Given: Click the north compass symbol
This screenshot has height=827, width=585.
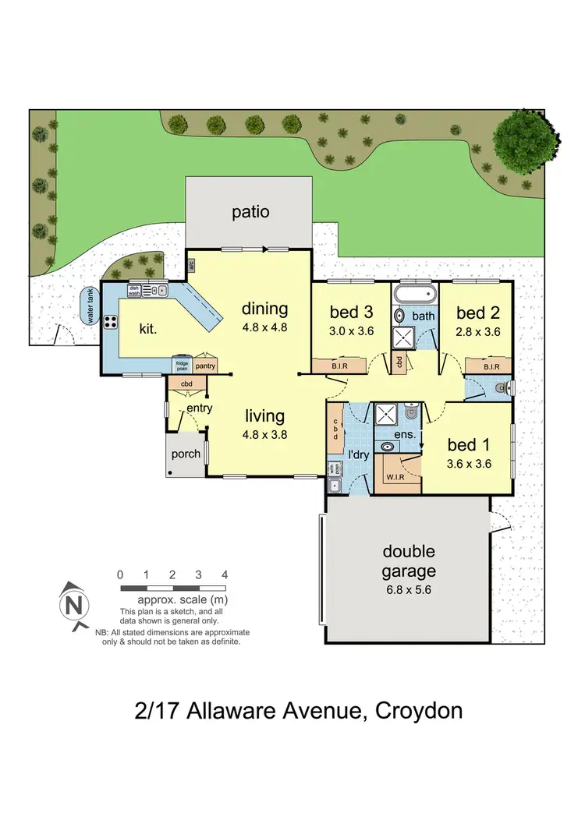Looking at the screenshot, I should click(x=73, y=604).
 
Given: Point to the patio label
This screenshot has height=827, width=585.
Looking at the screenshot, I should click(x=250, y=211).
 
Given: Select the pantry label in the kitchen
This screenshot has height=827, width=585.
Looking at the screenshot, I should click(x=205, y=365).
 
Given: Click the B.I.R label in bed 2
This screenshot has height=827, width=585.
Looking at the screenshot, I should click(x=491, y=366).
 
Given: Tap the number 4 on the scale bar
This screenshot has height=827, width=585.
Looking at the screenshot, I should click(x=225, y=574).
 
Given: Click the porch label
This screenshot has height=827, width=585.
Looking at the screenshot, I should click(x=185, y=454).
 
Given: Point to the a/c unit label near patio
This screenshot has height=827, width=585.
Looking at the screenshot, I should click(x=191, y=265).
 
